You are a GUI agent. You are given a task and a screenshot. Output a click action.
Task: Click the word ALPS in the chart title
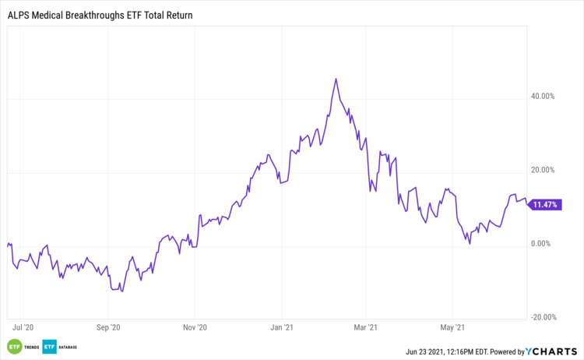coord(19,15)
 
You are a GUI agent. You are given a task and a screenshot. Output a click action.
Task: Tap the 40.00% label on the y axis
coord(542,96)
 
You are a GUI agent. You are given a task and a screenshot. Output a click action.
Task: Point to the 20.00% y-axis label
coord(542,170)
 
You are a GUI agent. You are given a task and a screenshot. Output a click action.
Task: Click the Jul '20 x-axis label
coord(23,328)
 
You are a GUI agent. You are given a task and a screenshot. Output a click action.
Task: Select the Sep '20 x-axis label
coord(110,328)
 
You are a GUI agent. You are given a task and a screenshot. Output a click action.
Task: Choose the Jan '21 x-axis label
coord(282,328)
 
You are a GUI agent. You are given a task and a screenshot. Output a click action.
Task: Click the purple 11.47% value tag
coord(544,205)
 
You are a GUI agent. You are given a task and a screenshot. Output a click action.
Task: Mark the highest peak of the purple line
coord(336,79)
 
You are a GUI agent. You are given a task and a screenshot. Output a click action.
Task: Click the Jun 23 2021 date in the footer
coord(427,352)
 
